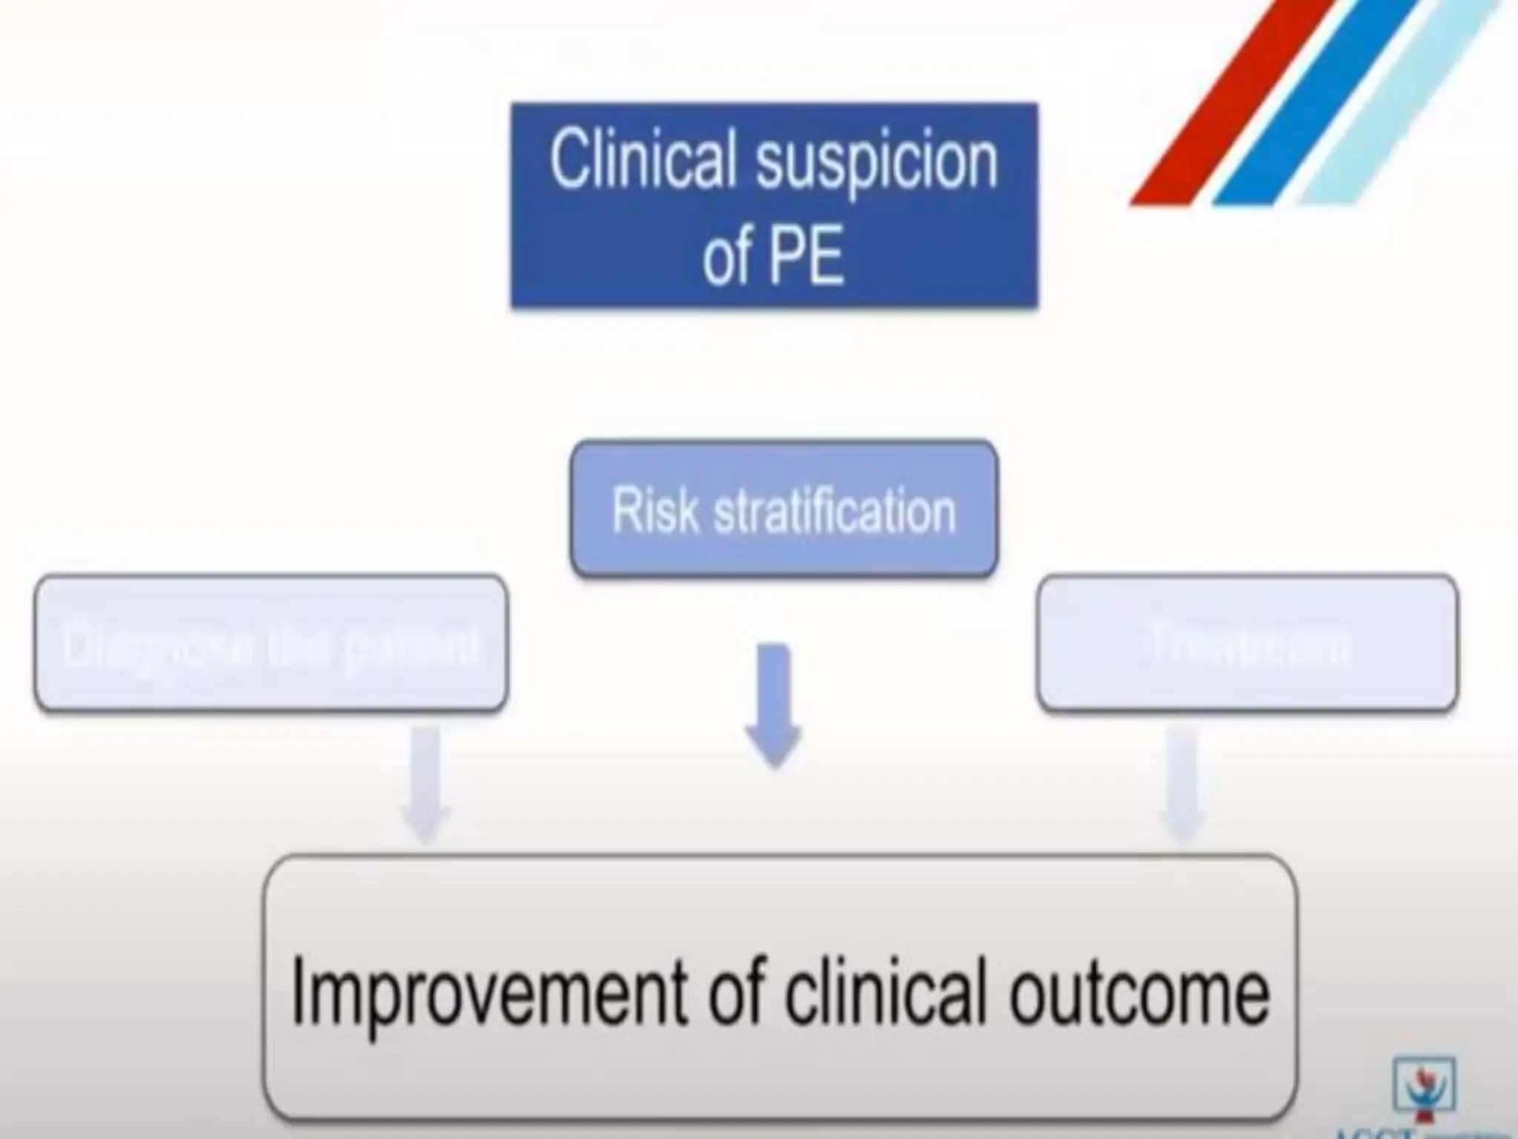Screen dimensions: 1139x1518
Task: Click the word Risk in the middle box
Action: (x=655, y=511)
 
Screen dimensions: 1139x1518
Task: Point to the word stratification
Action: (x=835, y=511)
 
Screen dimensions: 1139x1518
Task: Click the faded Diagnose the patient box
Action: (x=271, y=644)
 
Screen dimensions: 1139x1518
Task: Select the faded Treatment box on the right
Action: (x=1247, y=644)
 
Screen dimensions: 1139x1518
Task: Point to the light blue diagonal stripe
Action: (x=1401, y=104)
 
